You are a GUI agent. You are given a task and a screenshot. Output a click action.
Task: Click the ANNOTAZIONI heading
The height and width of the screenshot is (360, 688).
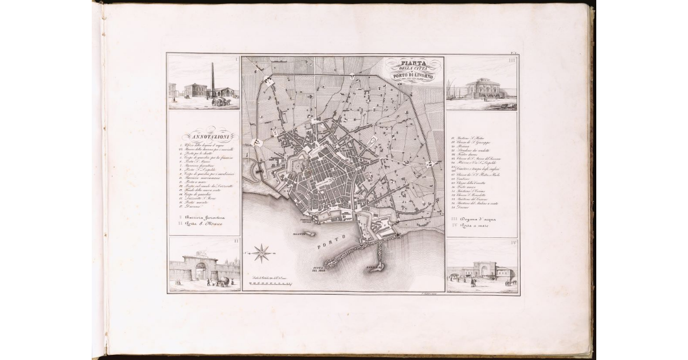205,137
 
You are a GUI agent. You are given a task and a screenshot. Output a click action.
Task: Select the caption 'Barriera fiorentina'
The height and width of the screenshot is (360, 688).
202,218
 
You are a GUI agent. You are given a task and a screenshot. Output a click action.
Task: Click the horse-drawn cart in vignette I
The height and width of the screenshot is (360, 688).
219,101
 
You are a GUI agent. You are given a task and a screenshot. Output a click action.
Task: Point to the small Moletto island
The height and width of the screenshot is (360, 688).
306,233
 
